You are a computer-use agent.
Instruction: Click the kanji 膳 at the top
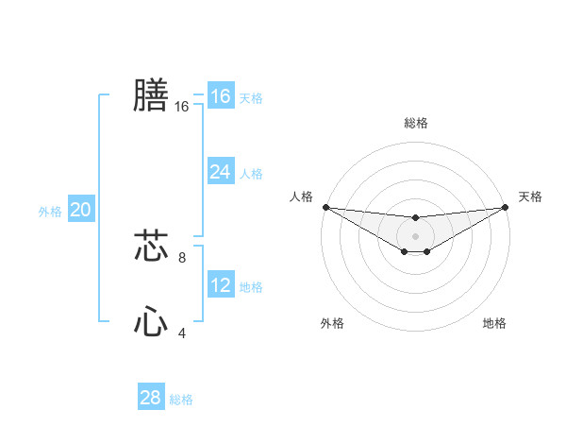[x=151, y=95]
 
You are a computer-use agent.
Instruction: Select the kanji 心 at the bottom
[x=151, y=322]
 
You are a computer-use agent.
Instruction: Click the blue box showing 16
[x=220, y=96]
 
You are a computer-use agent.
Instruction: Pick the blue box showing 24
[x=220, y=172]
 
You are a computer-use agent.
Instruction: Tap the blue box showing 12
[x=220, y=285]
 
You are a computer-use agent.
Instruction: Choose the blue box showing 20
[x=80, y=210]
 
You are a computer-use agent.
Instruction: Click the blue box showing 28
[x=150, y=398]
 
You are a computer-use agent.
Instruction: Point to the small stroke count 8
[x=182, y=257]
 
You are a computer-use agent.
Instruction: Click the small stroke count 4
[x=182, y=333]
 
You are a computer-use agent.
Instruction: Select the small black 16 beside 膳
[x=182, y=107]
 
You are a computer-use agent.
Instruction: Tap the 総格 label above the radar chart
[x=415, y=123]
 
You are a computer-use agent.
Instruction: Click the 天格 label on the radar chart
[x=530, y=196]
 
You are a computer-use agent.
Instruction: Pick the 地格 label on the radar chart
[x=494, y=323]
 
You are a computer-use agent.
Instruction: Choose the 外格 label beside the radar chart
[x=332, y=323]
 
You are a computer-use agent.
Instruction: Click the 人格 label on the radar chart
[x=301, y=196]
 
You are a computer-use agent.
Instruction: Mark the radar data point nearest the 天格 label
[x=506, y=207]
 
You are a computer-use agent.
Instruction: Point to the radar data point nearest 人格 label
[x=325, y=207]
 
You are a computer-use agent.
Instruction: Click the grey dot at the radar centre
[x=415, y=235]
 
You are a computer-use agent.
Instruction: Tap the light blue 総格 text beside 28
[x=181, y=400]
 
